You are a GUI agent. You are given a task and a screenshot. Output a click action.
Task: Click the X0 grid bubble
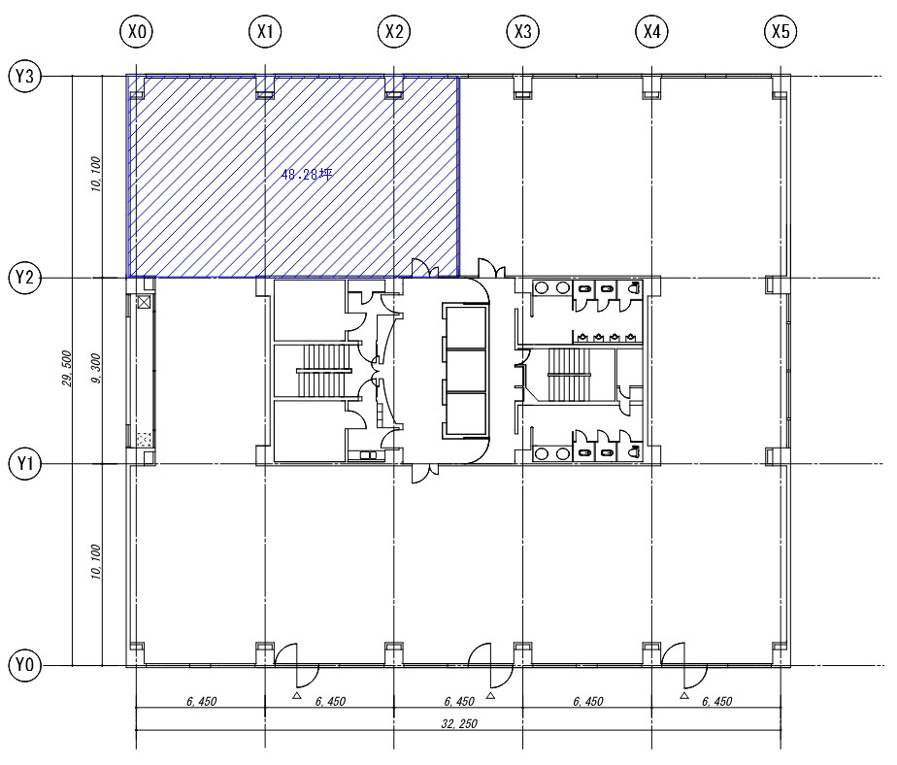(137, 31)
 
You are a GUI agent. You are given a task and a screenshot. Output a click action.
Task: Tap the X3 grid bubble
(523, 31)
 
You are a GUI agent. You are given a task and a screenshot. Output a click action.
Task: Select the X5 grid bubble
(781, 31)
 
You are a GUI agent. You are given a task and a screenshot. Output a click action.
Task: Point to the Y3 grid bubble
(25, 76)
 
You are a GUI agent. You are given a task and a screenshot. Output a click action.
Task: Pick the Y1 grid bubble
(25, 463)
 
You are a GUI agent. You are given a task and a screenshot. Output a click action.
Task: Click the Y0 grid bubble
(25, 665)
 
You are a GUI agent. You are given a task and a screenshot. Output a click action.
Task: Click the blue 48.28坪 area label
(307, 175)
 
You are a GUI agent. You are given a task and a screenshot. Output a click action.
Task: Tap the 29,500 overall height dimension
(67, 369)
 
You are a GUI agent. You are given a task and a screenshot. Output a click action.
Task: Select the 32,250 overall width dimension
(459, 724)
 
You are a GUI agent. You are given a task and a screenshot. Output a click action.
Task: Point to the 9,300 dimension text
(95, 369)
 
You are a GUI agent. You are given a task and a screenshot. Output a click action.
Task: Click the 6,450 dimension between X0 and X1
(201, 702)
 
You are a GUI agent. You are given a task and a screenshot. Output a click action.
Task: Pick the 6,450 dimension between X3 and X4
(588, 702)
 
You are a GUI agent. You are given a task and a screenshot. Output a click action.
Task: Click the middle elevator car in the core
(466, 371)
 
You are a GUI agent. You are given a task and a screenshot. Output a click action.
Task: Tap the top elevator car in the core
(466, 328)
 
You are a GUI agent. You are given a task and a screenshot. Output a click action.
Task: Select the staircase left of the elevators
(323, 371)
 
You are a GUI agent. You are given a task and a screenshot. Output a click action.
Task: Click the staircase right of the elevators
(569, 375)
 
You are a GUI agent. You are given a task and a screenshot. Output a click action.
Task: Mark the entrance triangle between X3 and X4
(684, 696)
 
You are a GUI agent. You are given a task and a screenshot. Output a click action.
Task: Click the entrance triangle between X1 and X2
(296, 696)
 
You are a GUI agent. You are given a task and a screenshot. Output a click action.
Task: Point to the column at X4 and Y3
(652, 87)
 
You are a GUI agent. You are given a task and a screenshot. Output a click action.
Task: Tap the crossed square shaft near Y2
(144, 302)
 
